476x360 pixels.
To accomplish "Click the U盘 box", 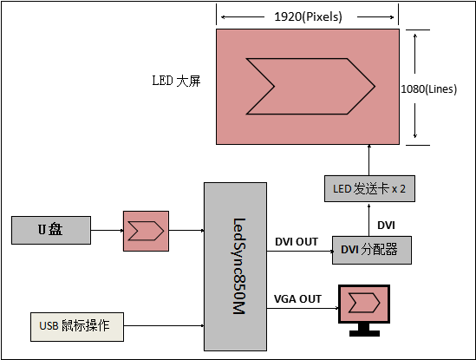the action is pyautogui.click(x=51, y=230).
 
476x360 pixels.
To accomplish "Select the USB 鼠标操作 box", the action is pyautogui.click(x=77, y=327).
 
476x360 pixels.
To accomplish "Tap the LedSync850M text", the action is pyautogui.click(x=239, y=266).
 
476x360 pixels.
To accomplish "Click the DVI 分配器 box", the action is pyautogui.click(x=372, y=250).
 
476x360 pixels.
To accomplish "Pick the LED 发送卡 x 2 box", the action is pyautogui.click(x=369, y=188).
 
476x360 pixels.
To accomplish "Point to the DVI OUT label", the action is pyautogui.click(x=297, y=242).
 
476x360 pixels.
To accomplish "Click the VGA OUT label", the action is pyautogui.click(x=297, y=299).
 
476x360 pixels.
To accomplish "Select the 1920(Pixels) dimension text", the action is pyautogui.click(x=308, y=16).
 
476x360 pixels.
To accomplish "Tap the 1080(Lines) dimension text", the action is pyautogui.click(x=428, y=89).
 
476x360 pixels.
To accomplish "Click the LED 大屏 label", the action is pyautogui.click(x=176, y=81).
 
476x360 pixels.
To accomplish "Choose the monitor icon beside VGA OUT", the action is pyautogui.click(x=364, y=310).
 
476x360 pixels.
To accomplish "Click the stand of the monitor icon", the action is pyautogui.click(x=364, y=330).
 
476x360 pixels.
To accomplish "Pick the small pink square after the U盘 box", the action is pyautogui.click(x=146, y=232).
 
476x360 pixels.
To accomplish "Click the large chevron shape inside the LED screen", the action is pyautogui.click(x=310, y=86).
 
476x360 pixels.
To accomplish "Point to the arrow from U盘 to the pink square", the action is pyautogui.click(x=107, y=230).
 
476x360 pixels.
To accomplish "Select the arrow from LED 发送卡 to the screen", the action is pyautogui.click(x=369, y=160).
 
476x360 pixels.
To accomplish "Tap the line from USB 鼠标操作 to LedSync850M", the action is pyautogui.click(x=164, y=325).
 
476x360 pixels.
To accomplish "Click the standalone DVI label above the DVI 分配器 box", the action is pyautogui.click(x=386, y=226).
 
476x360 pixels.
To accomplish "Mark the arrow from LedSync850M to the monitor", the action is pyautogui.click(x=303, y=308).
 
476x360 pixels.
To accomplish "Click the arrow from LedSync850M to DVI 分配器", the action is pyautogui.click(x=300, y=252).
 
